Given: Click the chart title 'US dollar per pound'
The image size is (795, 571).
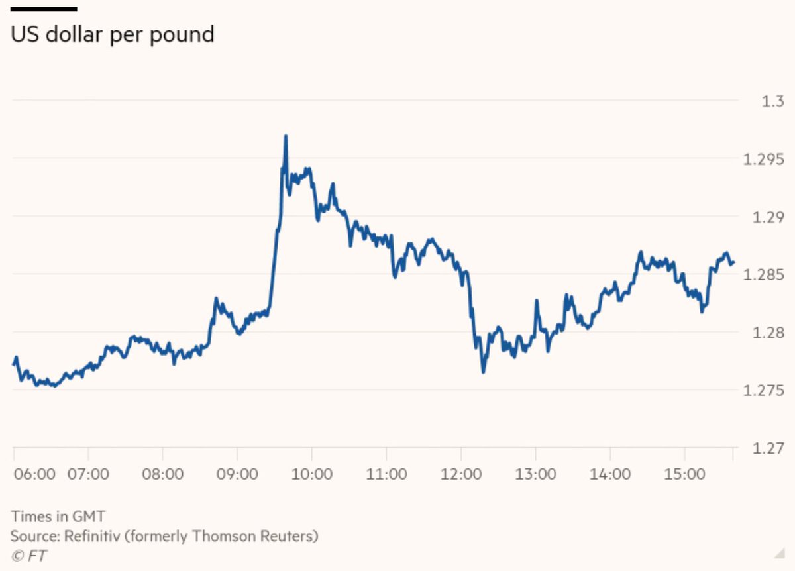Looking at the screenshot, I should pyautogui.click(x=113, y=34).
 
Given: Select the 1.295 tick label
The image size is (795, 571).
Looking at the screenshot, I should pyautogui.click(x=765, y=160).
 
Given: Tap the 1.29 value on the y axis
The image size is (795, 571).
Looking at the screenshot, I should pyautogui.click(x=768, y=217).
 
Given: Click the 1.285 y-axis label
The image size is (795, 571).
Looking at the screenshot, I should pyautogui.click(x=765, y=275).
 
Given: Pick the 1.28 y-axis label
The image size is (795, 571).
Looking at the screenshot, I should pyautogui.click(x=768, y=333).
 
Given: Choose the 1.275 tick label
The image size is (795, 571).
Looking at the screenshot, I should pyautogui.click(x=765, y=391).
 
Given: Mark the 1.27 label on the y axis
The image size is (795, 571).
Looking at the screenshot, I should pyautogui.click(x=768, y=448).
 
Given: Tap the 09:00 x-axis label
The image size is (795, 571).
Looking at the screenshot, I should pyautogui.click(x=237, y=474).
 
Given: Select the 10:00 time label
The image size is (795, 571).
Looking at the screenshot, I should pyautogui.click(x=311, y=474).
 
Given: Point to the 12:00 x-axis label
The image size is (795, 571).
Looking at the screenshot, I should pyautogui.click(x=460, y=474).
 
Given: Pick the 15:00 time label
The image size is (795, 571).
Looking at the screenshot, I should pyautogui.click(x=684, y=474).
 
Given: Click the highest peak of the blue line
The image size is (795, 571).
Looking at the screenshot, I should pyautogui.click(x=286, y=136).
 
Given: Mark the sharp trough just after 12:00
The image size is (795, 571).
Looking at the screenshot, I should pyautogui.click(x=483, y=372).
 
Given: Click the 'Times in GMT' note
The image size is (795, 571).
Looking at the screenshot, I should pyautogui.click(x=58, y=517).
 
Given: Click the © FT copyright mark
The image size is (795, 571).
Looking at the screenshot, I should pyautogui.click(x=29, y=555).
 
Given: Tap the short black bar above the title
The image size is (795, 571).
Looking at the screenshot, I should pyautogui.click(x=44, y=9).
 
